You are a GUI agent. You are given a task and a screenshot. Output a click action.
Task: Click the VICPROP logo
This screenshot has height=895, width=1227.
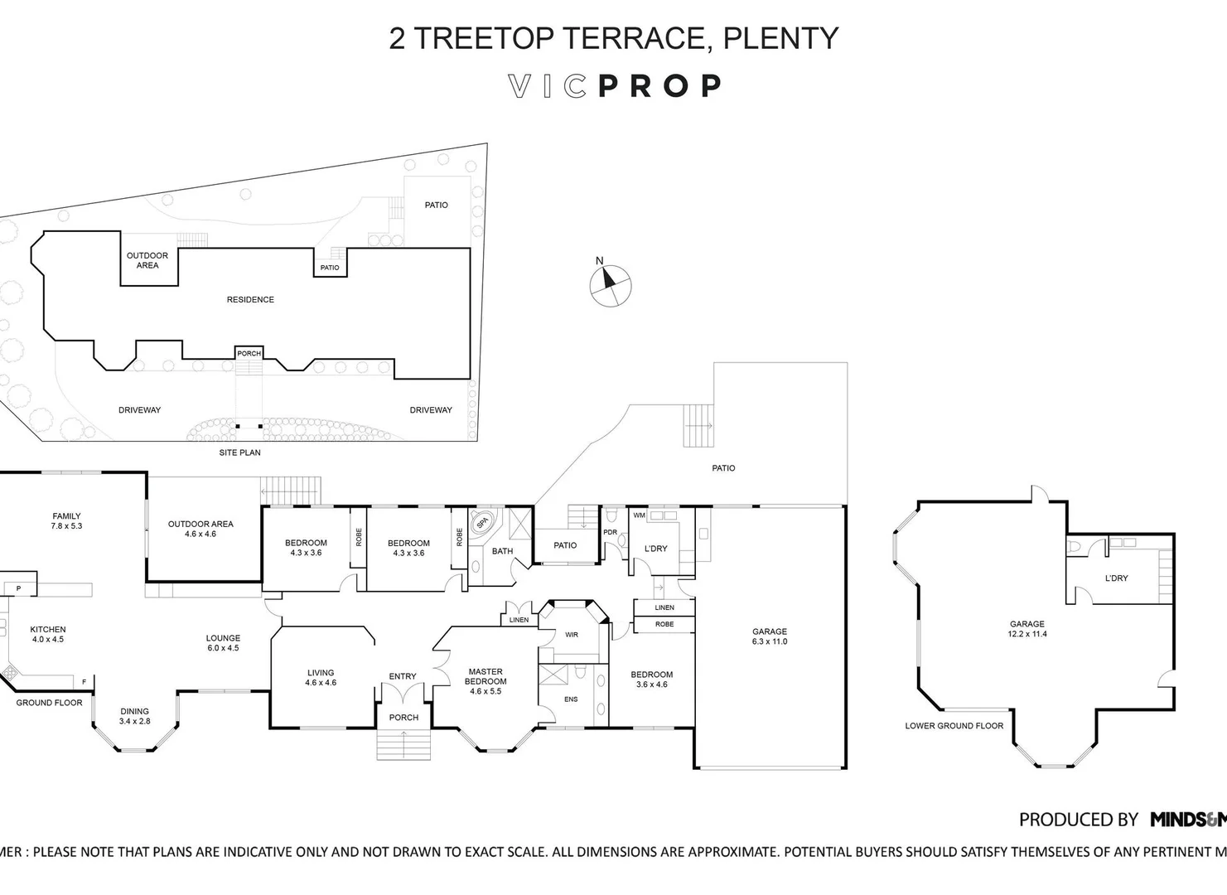click(614, 86)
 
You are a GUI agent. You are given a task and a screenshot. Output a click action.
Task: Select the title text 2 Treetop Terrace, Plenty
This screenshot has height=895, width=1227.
click(614, 38)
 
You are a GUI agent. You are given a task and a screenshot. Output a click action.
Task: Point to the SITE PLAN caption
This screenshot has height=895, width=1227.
click(239, 452)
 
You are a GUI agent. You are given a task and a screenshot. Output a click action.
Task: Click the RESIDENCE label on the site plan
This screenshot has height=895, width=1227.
click(250, 300)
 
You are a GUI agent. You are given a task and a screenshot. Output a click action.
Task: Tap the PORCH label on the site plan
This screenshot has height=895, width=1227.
click(249, 354)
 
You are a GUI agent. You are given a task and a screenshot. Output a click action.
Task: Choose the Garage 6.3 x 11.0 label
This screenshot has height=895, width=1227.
click(769, 636)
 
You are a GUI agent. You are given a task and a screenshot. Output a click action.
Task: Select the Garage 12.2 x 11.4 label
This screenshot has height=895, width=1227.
click(1027, 629)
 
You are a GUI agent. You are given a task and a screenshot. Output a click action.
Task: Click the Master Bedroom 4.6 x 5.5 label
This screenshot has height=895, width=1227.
click(485, 681)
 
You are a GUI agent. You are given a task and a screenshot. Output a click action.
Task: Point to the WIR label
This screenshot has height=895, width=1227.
click(572, 635)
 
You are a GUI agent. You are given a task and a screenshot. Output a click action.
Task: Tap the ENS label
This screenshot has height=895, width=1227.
click(571, 699)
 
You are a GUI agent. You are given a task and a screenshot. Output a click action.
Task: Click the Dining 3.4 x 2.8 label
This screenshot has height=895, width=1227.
click(134, 716)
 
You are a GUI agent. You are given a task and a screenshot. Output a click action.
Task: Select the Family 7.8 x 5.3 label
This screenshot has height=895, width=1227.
click(66, 521)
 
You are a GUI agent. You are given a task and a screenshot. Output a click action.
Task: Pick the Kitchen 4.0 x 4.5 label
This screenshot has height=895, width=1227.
click(48, 635)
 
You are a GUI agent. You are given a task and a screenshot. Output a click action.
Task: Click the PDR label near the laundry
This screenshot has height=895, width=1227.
click(611, 533)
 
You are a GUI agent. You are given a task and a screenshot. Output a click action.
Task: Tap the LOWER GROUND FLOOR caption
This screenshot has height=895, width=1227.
click(954, 726)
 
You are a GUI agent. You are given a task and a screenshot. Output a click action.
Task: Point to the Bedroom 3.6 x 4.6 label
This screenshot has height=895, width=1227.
click(651, 680)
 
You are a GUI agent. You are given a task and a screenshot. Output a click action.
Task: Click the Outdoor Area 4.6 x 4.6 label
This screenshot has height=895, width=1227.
click(200, 529)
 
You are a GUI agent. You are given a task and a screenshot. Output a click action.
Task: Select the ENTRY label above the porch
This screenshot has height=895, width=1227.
click(403, 676)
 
